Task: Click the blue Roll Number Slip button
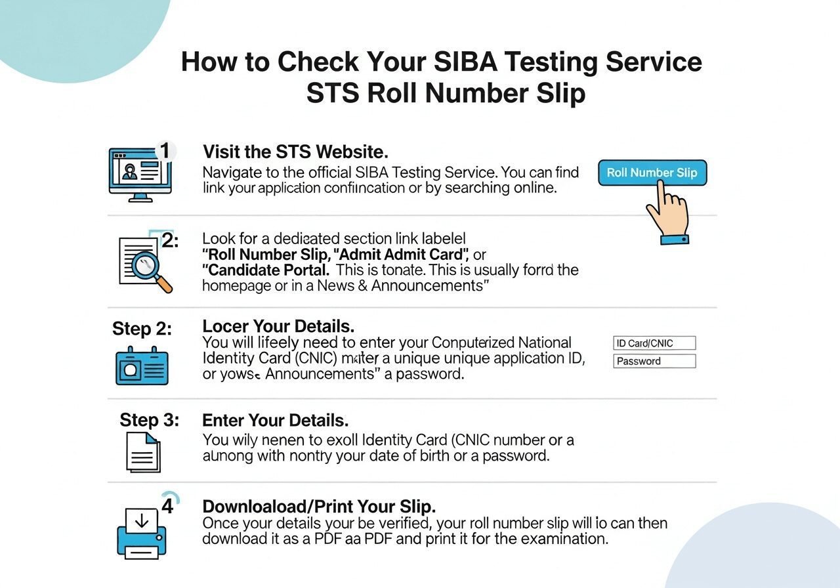click(x=652, y=173)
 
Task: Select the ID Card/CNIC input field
click(x=654, y=343)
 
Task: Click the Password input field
click(x=654, y=361)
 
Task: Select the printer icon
click(x=142, y=530)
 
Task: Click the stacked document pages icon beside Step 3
click(x=142, y=451)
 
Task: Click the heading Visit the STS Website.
click(x=295, y=152)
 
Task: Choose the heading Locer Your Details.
click(x=278, y=326)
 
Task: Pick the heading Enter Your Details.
click(x=275, y=420)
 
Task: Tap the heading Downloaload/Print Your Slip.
click(x=319, y=507)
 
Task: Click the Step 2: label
click(x=142, y=328)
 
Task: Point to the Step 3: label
click(x=149, y=420)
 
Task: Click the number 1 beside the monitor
click(x=165, y=151)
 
